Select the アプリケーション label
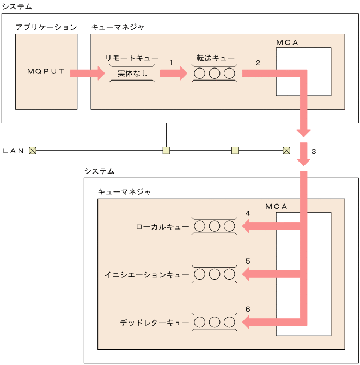(46, 27)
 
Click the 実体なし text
(132, 73)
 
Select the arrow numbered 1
(173, 73)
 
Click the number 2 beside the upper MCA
(258, 63)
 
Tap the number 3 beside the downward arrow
(314, 151)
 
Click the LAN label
(14, 151)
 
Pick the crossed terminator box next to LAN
(33, 151)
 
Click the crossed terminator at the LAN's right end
(286, 151)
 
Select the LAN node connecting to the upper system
(167, 151)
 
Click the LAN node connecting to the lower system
(235, 151)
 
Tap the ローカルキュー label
(162, 226)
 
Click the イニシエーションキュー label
(147, 275)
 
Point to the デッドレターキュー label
(155, 323)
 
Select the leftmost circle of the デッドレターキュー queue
(200, 323)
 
